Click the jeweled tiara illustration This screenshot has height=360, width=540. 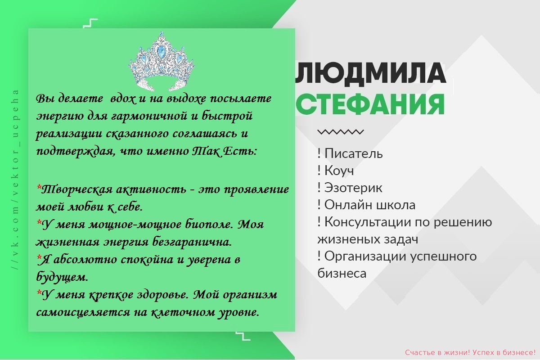[162, 62]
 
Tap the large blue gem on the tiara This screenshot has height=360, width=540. [160, 51]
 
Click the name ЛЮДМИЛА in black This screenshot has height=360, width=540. [370, 73]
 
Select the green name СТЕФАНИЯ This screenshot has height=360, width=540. [370, 104]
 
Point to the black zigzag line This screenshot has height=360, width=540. [340, 132]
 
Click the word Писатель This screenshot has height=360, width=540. [353, 153]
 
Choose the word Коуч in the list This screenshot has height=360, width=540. [339, 171]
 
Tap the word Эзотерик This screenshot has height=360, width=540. [353, 188]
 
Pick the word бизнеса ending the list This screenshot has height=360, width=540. [342, 274]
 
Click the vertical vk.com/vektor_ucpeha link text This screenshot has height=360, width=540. [15, 180]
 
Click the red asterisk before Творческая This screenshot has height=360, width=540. [39, 187]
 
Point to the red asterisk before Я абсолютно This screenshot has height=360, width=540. [39, 257]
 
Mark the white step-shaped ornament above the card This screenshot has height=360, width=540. [90, 23]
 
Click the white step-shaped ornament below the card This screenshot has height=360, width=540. [243, 336]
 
